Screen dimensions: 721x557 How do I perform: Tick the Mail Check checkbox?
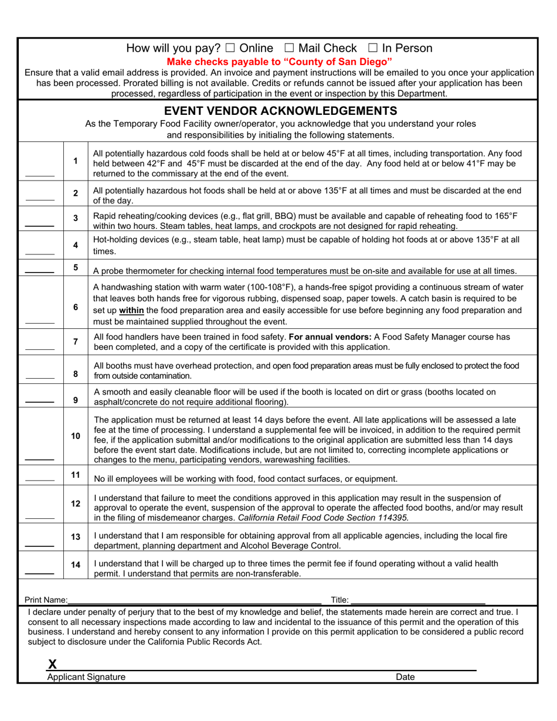tap(288, 49)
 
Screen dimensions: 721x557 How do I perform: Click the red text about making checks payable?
tap(280, 62)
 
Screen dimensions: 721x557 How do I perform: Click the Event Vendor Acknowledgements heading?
tap(280, 111)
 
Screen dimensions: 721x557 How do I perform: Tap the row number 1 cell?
tap(75, 161)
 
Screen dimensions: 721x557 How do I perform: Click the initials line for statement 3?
tap(39, 225)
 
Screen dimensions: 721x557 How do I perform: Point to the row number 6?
tap(75, 307)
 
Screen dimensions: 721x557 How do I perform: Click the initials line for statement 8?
tap(39, 377)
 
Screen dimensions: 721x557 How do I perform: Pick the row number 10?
tap(75, 436)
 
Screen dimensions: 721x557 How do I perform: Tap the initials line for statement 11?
tap(39, 479)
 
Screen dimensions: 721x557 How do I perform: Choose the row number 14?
tap(75, 565)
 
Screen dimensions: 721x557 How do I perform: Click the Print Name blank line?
tap(195, 601)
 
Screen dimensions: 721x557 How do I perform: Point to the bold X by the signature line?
tap(52, 664)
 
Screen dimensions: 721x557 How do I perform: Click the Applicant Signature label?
tap(86, 677)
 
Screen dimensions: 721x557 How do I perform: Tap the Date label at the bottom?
tap(405, 677)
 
